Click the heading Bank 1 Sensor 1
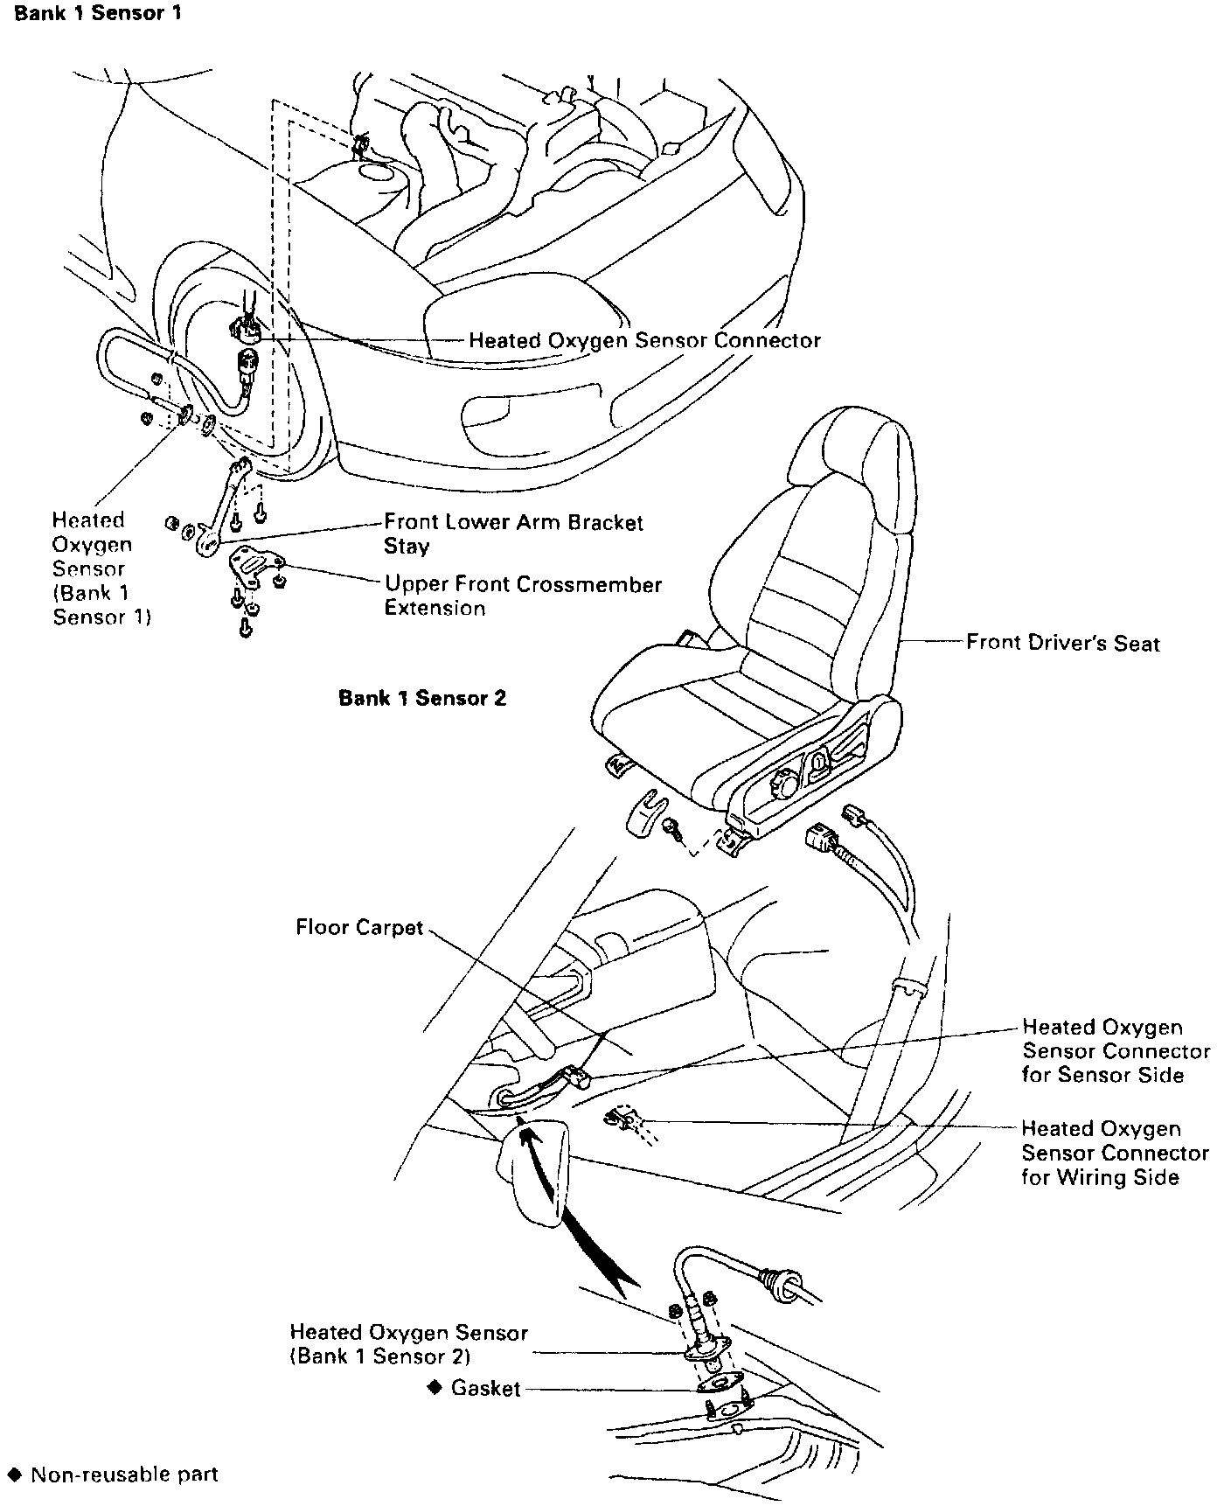[x=98, y=15]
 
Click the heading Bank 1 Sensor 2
[x=422, y=698]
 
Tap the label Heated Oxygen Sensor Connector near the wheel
[x=644, y=340]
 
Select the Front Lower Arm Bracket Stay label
[x=513, y=533]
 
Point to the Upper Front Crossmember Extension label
[x=523, y=596]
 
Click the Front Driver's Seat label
[x=1062, y=643]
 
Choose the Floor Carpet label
[x=359, y=927]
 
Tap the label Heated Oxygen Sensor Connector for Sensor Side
[x=1116, y=1050]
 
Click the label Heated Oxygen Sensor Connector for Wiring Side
[x=1115, y=1153]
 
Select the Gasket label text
[x=485, y=1388]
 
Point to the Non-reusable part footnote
[x=123, y=1475]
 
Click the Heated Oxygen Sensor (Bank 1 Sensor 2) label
[x=408, y=1344]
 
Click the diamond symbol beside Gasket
[x=434, y=1388]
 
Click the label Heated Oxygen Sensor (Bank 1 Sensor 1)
[x=101, y=568]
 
